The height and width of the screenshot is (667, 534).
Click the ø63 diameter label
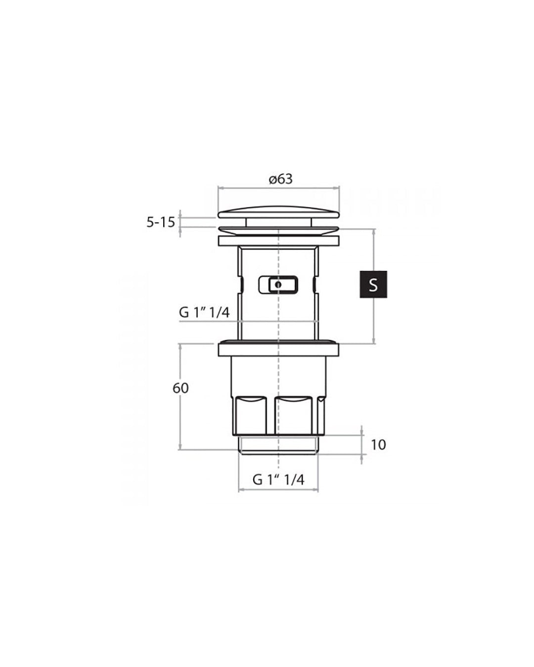click(x=280, y=179)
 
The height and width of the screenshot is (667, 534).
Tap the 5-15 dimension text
click(x=161, y=222)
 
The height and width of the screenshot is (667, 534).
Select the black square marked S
click(x=373, y=284)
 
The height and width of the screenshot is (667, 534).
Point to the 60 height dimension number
click(x=180, y=388)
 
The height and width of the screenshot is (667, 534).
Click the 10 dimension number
click(x=378, y=445)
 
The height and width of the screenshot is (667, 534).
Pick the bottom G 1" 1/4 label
click(x=278, y=480)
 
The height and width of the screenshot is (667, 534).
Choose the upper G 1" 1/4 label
click(x=205, y=312)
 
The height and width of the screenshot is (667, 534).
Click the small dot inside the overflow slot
click(x=278, y=284)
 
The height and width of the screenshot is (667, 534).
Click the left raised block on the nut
click(x=250, y=416)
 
